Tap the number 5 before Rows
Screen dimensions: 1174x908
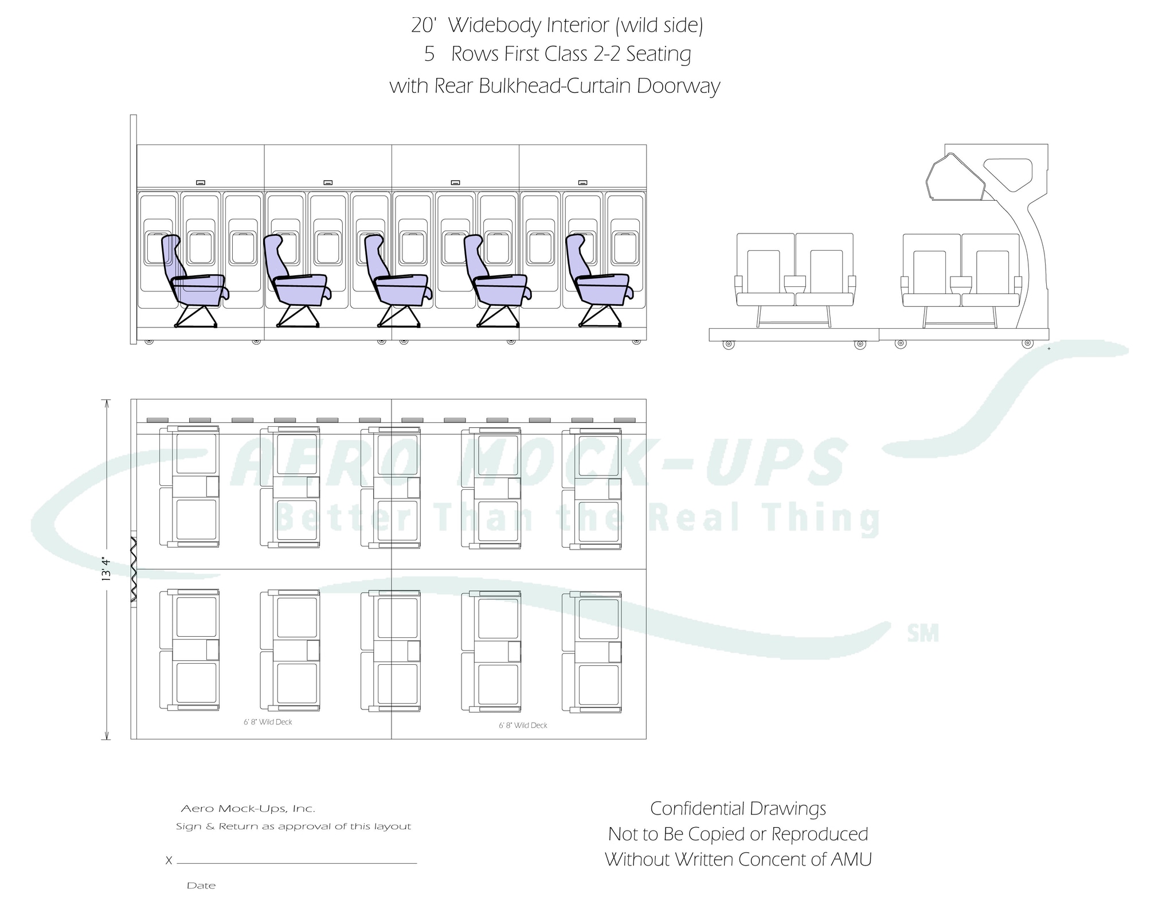(x=429, y=54)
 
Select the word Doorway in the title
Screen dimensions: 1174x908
(x=678, y=87)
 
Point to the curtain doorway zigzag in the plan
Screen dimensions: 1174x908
(x=134, y=569)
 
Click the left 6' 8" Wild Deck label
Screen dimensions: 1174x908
(x=268, y=722)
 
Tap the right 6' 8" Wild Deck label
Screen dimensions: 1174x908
(x=523, y=726)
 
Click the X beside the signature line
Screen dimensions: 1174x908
(x=169, y=860)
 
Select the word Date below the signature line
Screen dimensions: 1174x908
(x=201, y=886)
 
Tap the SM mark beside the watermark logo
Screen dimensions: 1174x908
(x=923, y=634)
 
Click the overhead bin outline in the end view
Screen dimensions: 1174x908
(x=956, y=177)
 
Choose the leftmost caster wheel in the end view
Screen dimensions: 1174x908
(x=728, y=345)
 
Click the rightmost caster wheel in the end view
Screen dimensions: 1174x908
(x=1028, y=344)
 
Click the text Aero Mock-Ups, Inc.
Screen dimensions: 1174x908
(x=248, y=809)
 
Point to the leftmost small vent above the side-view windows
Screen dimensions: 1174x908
(x=201, y=182)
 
